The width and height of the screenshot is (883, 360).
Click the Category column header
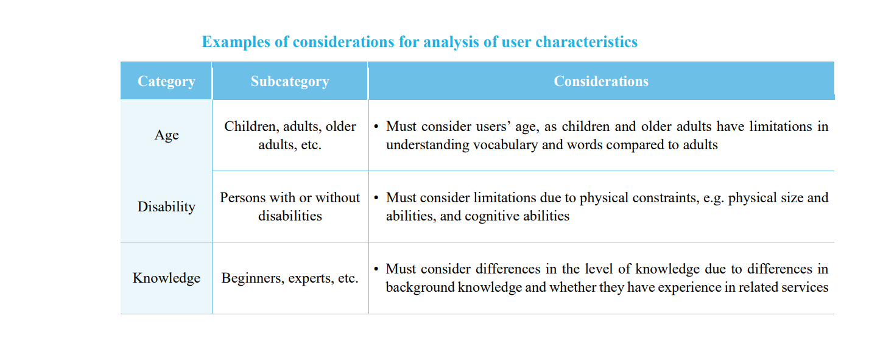click(x=166, y=81)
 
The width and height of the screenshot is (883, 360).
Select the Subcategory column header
click(x=290, y=81)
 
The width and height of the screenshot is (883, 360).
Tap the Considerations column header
click(x=601, y=81)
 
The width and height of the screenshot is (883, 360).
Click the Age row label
click(x=166, y=135)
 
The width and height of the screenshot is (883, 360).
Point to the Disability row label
click(x=166, y=206)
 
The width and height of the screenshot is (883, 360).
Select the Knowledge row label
click(x=166, y=278)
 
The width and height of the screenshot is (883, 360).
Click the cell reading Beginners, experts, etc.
click(x=290, y=278)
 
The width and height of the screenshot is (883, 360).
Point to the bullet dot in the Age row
click(x=376, y=127)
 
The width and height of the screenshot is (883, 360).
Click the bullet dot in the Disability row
click(x=376, y=197)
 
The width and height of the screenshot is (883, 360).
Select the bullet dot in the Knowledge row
click(x=376, y=269)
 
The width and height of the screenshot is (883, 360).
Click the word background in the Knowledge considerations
click(x=420, y=288)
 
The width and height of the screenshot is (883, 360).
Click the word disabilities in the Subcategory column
click(x=290, y=216)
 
